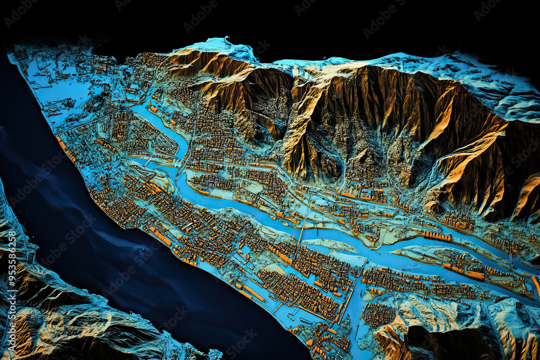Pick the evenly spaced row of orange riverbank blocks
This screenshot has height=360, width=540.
[437, 236]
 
